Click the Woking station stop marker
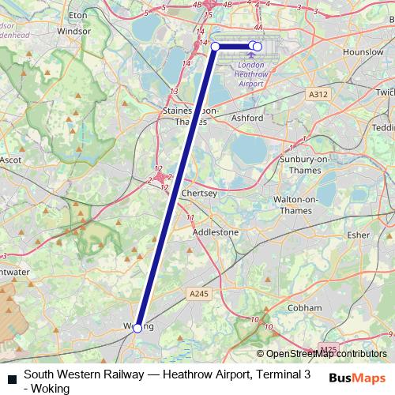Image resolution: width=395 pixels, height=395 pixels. coord(137,327)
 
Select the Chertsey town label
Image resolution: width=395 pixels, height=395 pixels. coord(198,194)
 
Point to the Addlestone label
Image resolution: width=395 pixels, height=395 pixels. coord(216,232)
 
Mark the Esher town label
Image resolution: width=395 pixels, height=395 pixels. coord(358,235)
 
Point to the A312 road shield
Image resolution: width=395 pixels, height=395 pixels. coord(318,94)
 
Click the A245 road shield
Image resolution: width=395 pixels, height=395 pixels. coord(199,293)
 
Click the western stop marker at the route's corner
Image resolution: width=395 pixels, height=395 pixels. coord(216,47)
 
